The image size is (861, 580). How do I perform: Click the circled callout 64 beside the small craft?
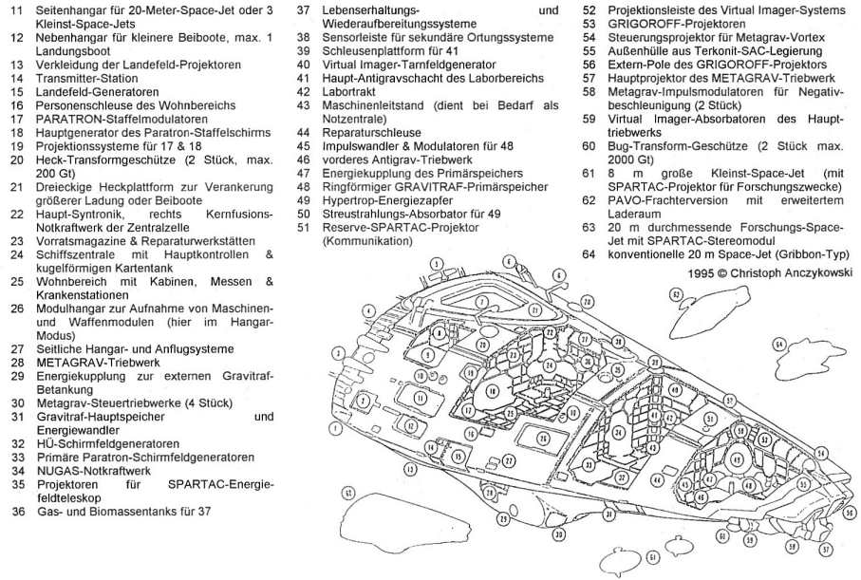click(780, 346)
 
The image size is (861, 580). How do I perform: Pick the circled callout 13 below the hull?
click(411, 469)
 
